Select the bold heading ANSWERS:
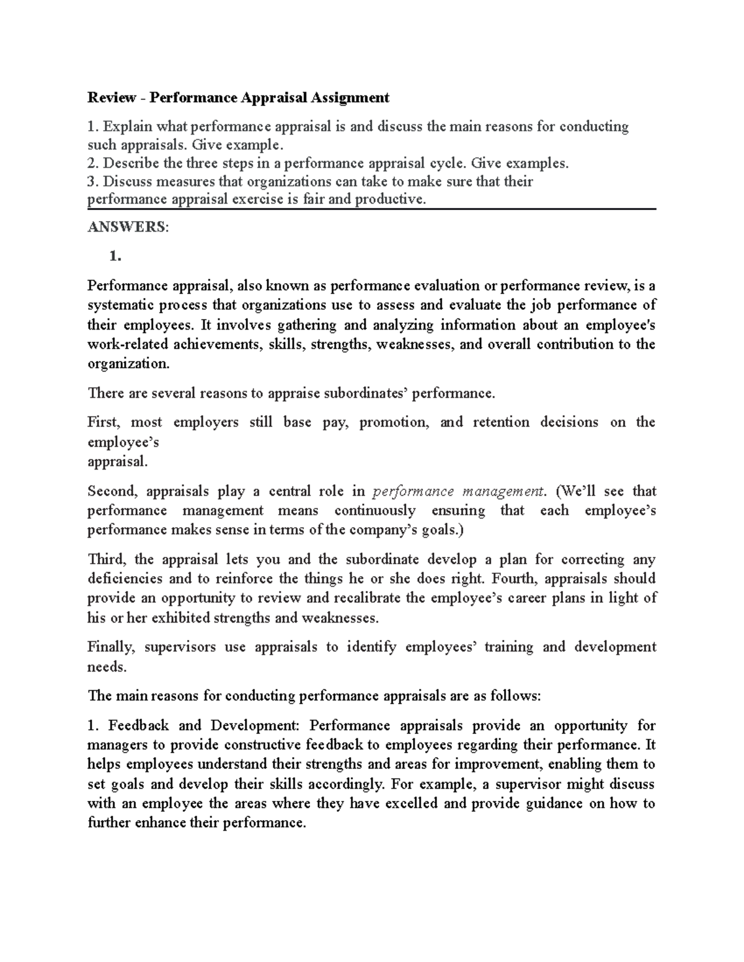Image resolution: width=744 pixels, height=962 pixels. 127,227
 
